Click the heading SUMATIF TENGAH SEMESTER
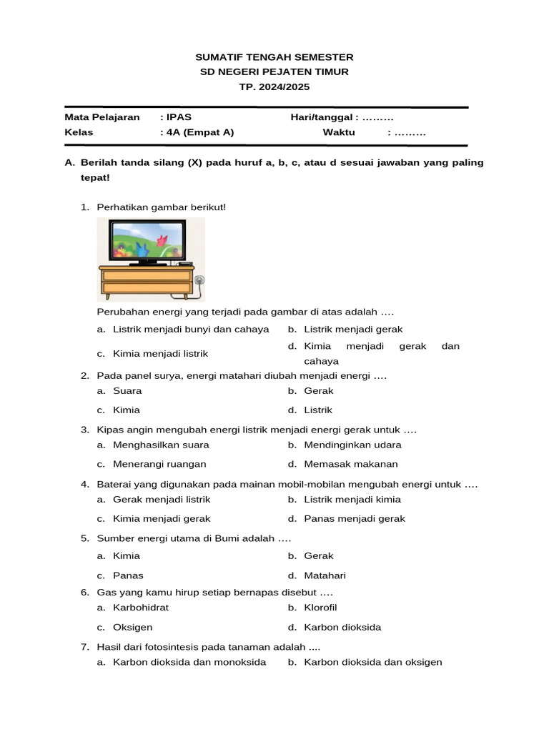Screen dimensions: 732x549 [274, 57]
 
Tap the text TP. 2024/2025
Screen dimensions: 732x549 [274, 87]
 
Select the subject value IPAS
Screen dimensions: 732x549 [179, 117]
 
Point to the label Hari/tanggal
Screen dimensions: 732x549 [323, 117]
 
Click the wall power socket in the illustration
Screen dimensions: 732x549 [199, 280]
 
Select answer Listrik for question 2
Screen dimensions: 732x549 [318, 410]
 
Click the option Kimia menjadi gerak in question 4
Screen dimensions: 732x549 [162, 519]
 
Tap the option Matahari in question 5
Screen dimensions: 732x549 [325, 575]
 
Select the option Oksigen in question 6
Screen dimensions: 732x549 [133, 628]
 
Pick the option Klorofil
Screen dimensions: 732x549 [320, 608]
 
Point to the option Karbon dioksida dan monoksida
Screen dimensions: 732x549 [189, 662]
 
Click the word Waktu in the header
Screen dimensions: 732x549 [339, 132]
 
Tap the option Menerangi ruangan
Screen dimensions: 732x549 [159, 464]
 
